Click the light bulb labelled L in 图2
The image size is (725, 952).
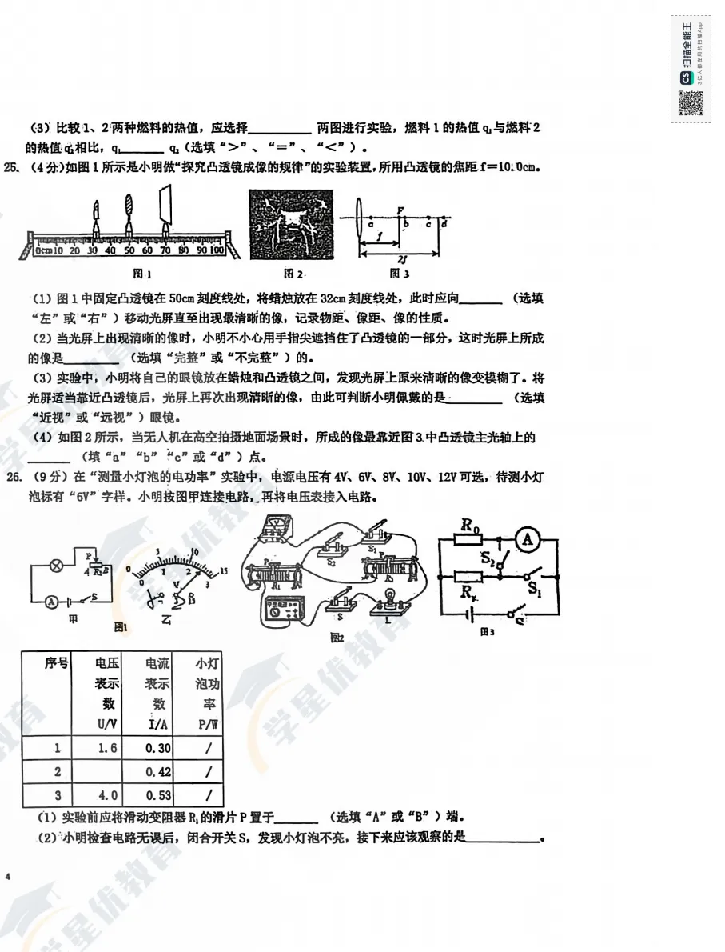tap(392, 598)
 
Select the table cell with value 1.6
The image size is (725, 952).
tap(107, 749)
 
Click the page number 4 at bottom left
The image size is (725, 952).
tap(8, 878)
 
